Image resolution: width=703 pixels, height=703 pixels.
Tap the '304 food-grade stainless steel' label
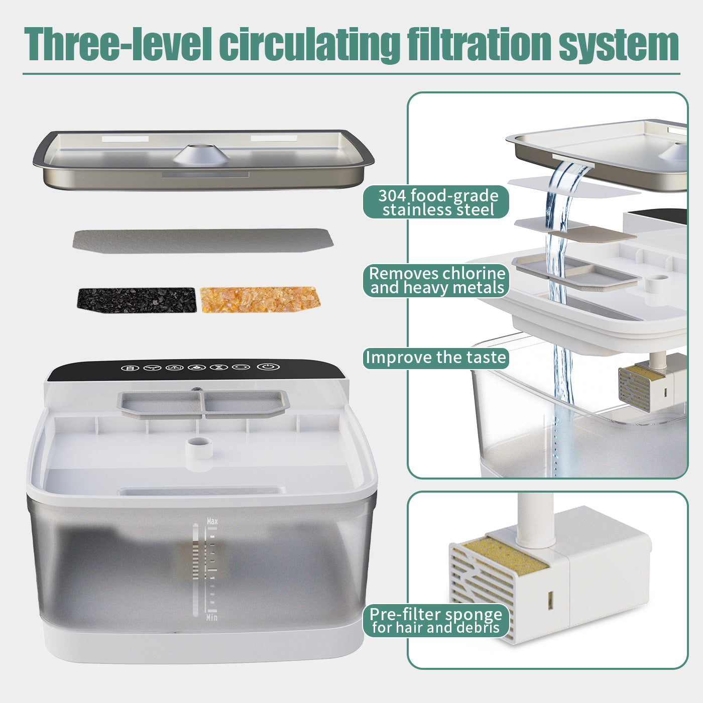pos(436,202)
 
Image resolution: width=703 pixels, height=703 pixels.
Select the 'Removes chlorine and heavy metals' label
pos(436,280)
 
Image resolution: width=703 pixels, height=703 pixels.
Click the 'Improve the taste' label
pos(436,358)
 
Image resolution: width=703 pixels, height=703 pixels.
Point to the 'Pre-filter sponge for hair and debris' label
pos(436,621)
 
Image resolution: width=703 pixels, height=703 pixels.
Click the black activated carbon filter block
pos(136,300)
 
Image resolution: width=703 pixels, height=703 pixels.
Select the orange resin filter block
pos(260,300)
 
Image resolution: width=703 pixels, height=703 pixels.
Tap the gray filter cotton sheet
pos(202,241)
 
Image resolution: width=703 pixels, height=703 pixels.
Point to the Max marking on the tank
pos(212,522)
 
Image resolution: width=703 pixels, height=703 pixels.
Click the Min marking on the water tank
pos(212,617)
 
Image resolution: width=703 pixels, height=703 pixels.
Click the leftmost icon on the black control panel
pos(130,368)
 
